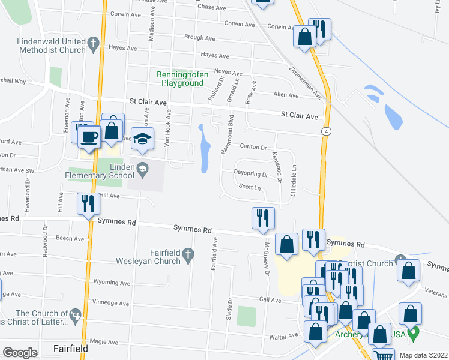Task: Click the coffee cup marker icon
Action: [89, 136]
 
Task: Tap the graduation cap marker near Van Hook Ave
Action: [142, 139]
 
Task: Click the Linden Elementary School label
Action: [100, 171]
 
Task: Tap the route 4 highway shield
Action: [325, 130]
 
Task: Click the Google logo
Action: [20, 352]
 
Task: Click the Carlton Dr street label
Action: [253, 147]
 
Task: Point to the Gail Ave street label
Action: [270, 299]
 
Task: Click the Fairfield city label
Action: [71, 348]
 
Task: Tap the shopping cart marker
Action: [382, 355]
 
